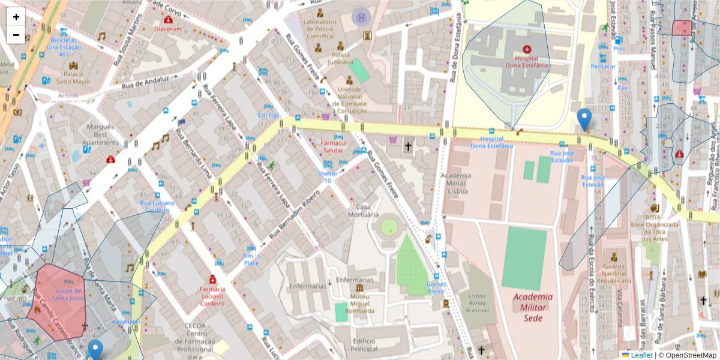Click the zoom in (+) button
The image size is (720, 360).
click(x=16, y=17)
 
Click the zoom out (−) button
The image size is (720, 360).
click(x=16, y=35)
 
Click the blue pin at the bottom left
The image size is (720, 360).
click(x=95, y=350)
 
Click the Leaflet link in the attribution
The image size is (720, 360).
click(x=641, y=355)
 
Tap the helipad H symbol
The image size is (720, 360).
click(x=361, y=17)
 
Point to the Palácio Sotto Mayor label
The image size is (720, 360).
click(x=74, y=77)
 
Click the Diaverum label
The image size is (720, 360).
click(x=167, y=28)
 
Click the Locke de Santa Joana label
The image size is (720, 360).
click(x=68, y=293)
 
